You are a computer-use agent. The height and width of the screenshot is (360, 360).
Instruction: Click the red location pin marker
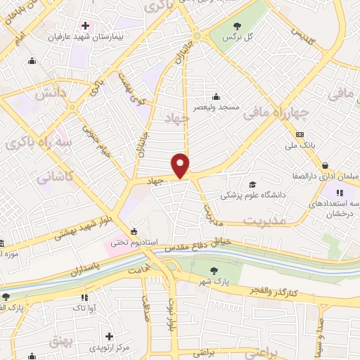pos(181,165)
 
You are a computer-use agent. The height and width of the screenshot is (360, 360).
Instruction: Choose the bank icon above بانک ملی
pos(300,134)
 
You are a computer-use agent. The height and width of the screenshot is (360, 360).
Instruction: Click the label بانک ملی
pos(300,145)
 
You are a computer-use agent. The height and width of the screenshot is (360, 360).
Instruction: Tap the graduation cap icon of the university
pos(252,185)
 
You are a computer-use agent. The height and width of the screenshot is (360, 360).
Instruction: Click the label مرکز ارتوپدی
pos(110,347)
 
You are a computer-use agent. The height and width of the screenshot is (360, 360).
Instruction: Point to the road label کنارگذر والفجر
pos(275,291)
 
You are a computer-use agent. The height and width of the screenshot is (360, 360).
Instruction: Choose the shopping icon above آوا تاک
pos(78,297)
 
